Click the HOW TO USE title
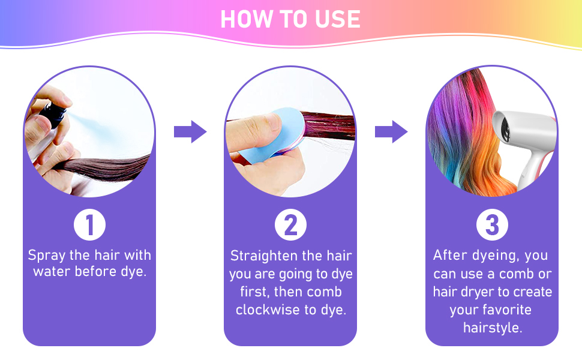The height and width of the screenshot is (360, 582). (x=290, y=19)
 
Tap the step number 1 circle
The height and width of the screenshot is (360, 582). (x=89, y=226)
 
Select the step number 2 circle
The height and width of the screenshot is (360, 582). (x=290, y=226)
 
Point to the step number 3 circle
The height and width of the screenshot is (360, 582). (x=492, y=226)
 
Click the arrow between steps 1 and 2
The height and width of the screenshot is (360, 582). (x=190, y=131)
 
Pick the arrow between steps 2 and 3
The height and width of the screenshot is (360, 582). (x=391, y=131)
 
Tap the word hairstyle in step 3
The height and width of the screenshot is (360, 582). (x=491, y=328)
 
